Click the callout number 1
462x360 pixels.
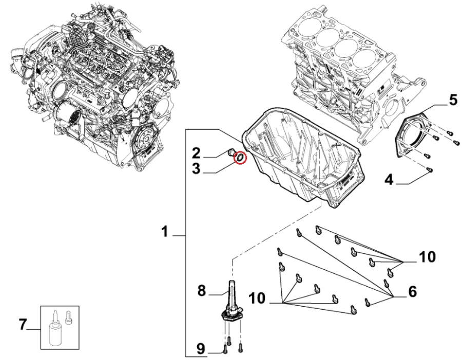click(x=165, y=233)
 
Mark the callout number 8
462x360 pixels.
click(x=202, y=291)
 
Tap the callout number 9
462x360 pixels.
click(x=202, y=349)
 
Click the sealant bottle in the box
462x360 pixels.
click(x=55, y=331)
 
